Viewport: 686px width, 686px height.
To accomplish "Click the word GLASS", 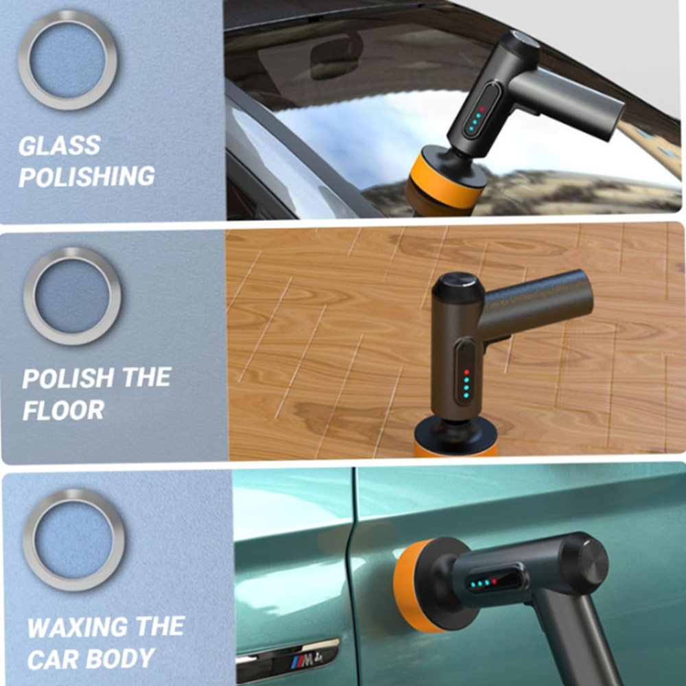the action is point(60,145).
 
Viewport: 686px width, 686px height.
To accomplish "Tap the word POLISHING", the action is point(86,176).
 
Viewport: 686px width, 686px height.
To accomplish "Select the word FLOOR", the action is point(63,410).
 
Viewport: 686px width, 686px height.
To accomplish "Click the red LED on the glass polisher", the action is point(482,109).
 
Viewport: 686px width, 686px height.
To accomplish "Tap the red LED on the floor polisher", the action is point(466,372).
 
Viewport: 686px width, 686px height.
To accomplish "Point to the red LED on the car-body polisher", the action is point(494,582).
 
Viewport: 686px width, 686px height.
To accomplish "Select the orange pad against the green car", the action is point(409,587).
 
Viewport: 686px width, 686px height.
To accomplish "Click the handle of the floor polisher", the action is point(538,302).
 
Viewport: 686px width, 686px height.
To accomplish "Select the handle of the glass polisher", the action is point(569,103).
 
